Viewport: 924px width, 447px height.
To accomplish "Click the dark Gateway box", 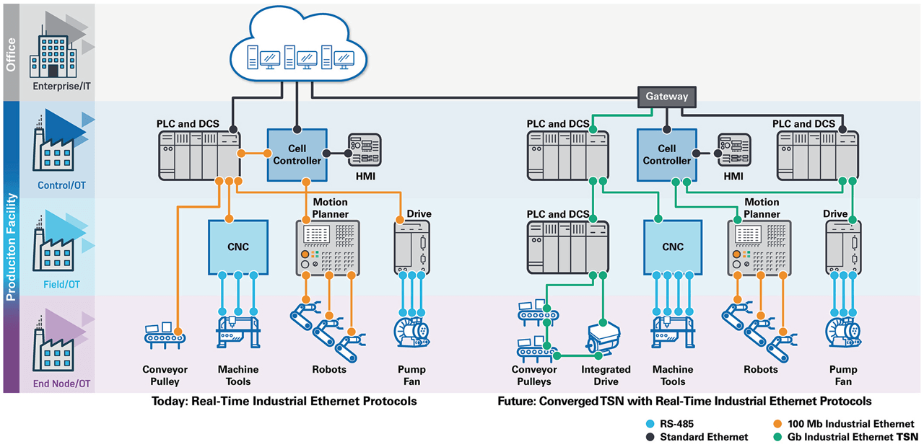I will click(x=666, y=96).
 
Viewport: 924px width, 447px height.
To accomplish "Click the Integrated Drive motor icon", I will click(x=605, y=338).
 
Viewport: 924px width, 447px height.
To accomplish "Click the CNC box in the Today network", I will click(x=238, y=247).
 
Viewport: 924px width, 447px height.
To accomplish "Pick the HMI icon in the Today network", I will click(x=365, y=151).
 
